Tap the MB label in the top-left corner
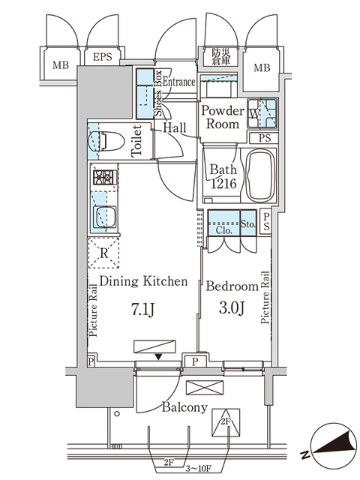59,64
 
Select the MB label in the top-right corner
261,68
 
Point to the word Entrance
179,82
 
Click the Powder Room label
223,117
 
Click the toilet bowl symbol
104,140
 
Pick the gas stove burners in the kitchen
102,179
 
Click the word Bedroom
231,286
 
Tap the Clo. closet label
223,230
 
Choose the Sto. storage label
248,224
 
